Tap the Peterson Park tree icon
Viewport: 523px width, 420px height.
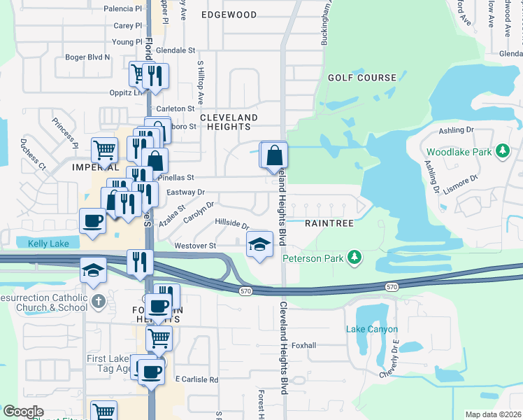coord(354,258)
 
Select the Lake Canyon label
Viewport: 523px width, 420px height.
coord(371,329)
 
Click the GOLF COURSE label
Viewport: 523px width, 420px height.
coord(357,78)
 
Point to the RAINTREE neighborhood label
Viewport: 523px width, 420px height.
coord(325,223)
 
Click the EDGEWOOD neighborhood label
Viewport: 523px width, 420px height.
coord(229,15)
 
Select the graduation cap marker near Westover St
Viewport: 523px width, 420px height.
coord(259,245)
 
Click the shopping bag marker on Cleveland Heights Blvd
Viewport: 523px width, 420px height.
coord(275,155)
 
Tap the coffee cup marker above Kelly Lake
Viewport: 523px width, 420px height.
coord(92,221)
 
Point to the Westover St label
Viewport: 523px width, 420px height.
coord(194,246)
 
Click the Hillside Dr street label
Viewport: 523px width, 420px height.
coord(232,223)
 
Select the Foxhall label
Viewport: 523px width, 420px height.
coord(304,345)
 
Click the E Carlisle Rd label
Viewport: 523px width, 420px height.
coord(197,379)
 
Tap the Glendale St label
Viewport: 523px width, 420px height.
coord(175,50)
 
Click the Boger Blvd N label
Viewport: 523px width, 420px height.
coord(87,57)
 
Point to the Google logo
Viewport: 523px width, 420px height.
coord(23,412)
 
